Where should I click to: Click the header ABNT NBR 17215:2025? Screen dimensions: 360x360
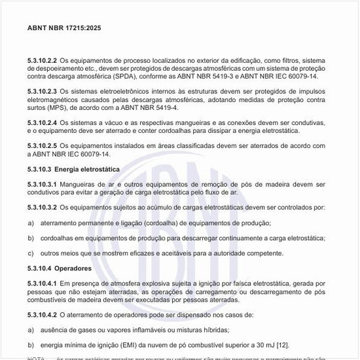pos(64,29)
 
